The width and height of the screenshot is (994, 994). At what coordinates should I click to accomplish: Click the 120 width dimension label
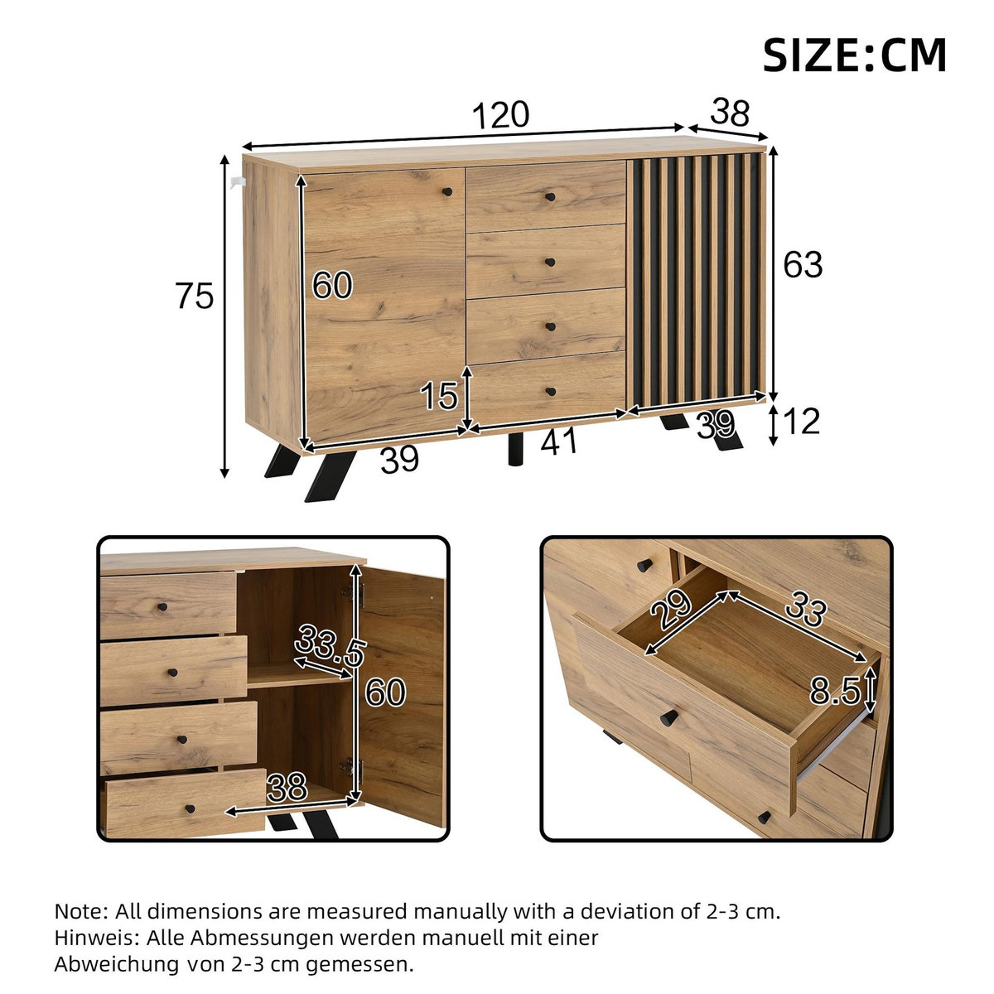499,115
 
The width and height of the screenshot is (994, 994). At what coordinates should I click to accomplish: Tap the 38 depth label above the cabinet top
730,112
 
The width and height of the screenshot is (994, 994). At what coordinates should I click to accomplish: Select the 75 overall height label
195,296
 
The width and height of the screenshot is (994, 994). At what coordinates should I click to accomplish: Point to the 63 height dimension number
803,265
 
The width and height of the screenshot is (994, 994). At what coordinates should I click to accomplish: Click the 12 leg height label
801,422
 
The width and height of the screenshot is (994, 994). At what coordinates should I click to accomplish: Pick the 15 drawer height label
438,397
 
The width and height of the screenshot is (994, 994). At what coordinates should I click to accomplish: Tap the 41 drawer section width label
559,443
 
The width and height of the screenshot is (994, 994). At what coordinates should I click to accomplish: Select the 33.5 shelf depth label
331,646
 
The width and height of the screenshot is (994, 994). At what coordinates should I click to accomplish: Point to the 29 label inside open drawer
670,611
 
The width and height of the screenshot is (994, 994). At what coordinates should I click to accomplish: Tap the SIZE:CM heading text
853,55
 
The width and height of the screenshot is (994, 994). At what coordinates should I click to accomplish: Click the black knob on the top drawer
549,197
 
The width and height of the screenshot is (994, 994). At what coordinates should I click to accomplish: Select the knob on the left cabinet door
447,192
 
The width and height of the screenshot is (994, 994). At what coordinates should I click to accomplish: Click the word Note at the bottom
80,912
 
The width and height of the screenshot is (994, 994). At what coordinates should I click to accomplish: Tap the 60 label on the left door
332,286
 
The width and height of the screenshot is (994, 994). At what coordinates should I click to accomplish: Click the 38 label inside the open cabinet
287,788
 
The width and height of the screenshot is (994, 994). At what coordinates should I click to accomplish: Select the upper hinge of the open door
359,591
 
